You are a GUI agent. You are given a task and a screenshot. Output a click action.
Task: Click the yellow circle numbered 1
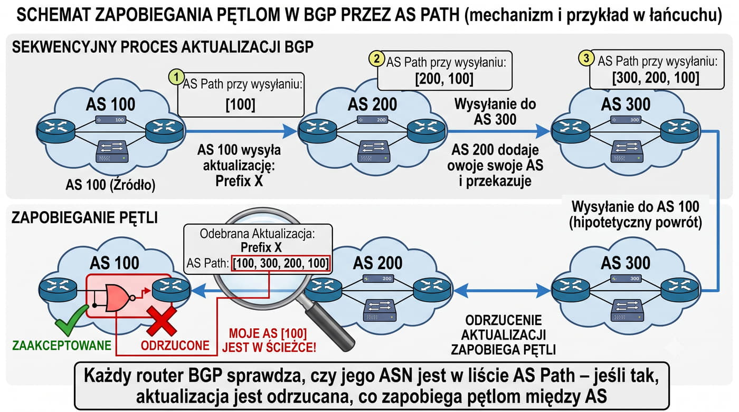[176, 78]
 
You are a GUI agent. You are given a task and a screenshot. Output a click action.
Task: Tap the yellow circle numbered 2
[376, 59]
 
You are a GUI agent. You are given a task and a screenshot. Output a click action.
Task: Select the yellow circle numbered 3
[586, 59]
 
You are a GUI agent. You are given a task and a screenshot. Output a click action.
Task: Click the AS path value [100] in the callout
[241, 104]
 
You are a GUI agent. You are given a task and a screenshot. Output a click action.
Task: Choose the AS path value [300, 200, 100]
[656, 78]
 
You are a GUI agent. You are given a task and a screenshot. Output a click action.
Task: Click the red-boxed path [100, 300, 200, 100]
[281, 263]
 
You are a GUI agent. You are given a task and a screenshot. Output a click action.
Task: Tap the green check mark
[71, 320]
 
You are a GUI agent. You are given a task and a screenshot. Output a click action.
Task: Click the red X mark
[162, 321]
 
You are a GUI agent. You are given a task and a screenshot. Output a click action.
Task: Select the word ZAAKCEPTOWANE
[62, 346]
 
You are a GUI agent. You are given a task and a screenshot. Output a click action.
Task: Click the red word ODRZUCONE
[175, 346]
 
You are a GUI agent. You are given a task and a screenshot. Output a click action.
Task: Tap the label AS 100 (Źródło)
[110, 185]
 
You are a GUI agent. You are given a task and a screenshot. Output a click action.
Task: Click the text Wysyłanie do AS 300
[495, 112]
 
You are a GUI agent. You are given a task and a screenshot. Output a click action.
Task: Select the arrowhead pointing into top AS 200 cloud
[290, 131]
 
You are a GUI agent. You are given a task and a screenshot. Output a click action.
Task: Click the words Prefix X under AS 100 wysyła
[239, 181]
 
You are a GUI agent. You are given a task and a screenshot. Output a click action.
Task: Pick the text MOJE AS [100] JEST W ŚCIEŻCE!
[269, 340]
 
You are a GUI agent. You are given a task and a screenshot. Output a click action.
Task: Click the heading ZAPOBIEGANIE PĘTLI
[85, 218]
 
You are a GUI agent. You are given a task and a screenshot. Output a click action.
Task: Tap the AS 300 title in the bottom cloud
[626, 263]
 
